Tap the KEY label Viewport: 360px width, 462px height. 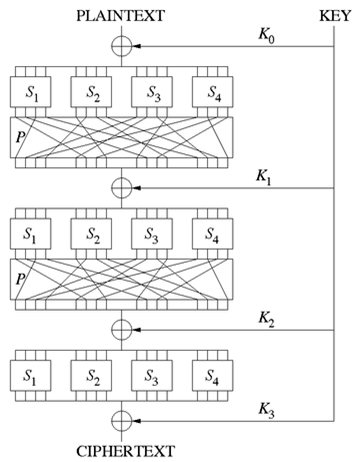click(334, 14)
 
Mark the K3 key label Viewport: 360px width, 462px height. click(267, 408)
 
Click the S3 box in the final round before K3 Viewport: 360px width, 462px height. click(152, 378)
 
